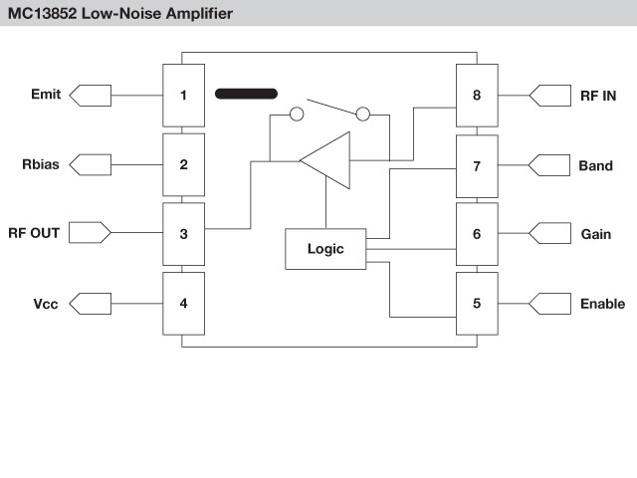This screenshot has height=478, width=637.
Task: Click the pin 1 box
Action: click(183, 96)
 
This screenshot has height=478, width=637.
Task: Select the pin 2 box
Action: click(183, 164)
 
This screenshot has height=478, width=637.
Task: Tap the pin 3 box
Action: click(183, 234)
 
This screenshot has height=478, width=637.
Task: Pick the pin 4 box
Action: click(183, 303)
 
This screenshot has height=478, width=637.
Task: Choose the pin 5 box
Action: click(477, 303)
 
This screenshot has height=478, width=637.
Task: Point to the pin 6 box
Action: click(477, 234)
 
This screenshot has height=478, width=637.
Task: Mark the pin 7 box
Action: click(477, 164)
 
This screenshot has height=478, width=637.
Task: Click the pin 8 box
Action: click(477, 96)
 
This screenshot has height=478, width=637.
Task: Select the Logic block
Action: click(325, 249)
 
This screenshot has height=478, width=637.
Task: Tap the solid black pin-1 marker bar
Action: click(246, 95)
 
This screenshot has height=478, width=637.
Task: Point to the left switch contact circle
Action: click(296, 115)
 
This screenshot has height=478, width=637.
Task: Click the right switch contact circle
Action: click(363, 115)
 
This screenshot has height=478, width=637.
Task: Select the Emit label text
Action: click(46, 96)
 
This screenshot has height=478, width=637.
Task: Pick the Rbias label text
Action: click(40, 164)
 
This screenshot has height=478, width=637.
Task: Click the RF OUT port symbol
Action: click(92, 234)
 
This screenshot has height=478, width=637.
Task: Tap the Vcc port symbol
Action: click(92, 303)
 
